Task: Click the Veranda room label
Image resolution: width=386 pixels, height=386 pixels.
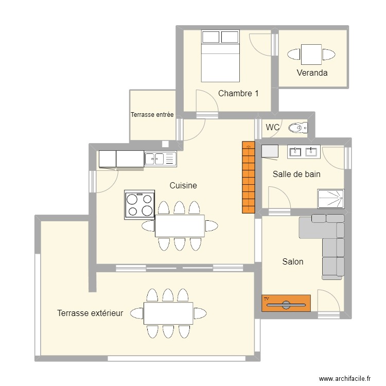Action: pos(312,73)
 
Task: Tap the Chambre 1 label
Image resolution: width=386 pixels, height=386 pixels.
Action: pos(238,93)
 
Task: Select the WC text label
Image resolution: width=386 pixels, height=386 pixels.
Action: pos(273,127)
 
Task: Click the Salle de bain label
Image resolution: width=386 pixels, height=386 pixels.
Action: pos(296,174)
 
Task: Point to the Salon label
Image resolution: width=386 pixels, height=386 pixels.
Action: pos(292,261)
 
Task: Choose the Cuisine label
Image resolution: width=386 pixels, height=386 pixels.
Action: pos(183,185)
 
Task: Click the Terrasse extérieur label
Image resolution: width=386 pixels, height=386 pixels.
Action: pos(90,312)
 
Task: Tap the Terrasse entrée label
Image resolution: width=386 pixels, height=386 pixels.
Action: pos(152,115)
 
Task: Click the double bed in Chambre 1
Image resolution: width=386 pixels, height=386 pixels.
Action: pos(220,56)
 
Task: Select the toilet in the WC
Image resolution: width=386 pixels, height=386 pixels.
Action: pos(298,128)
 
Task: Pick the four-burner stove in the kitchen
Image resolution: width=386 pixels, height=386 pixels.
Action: pos(139,204)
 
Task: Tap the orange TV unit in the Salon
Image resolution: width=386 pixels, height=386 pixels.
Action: pos(286,303)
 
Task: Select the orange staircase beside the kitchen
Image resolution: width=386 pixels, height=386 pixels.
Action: pos(248,178)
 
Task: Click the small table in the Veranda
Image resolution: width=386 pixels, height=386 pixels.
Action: pos(311,55)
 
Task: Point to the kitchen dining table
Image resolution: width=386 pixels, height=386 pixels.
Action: pos(180,225)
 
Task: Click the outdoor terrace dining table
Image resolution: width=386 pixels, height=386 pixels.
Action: pos(168,313)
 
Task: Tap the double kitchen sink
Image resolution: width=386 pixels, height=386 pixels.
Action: pos(160,159)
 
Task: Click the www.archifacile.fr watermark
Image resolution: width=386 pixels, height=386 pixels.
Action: pos(345,378)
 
